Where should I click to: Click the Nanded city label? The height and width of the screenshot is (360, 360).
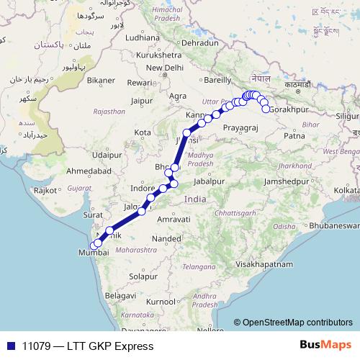166,238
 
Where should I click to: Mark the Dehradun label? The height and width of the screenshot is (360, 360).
199,43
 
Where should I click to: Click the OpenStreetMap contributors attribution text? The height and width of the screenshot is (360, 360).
297,322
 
